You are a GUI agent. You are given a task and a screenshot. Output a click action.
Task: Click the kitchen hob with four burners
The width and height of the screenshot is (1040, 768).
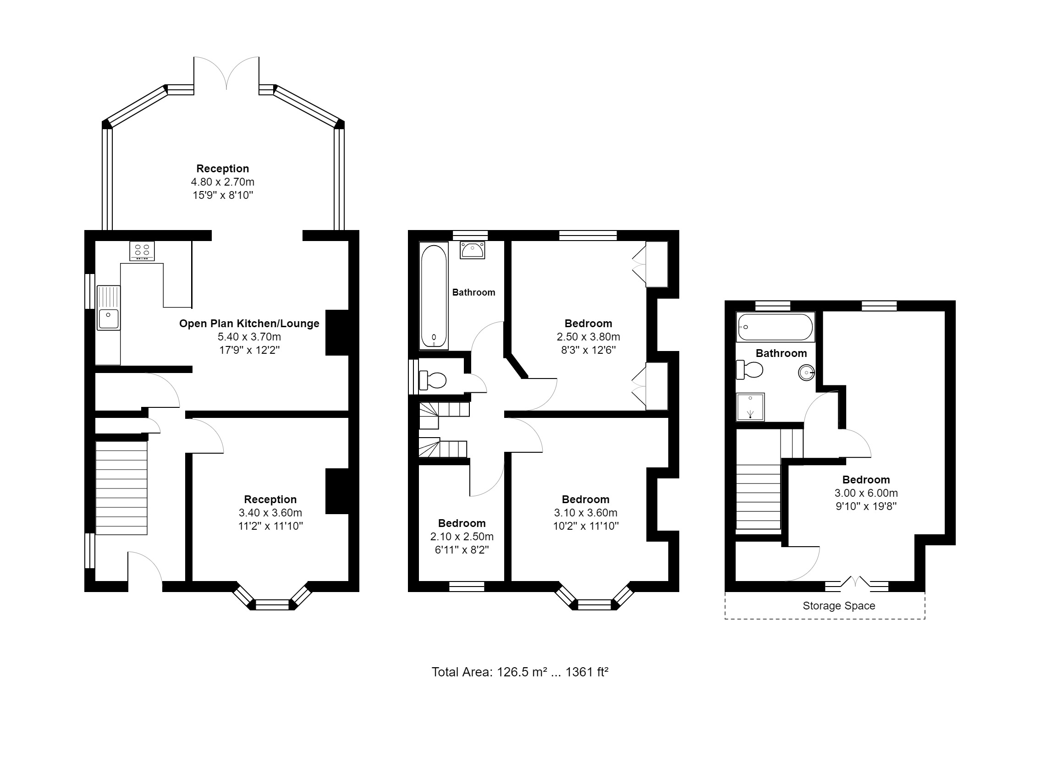(x=142, y=251)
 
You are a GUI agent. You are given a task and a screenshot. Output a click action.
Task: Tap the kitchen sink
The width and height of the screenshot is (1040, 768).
(x=108, y=308)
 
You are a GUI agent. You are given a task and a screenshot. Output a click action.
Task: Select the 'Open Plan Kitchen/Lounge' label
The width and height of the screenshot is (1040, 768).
(x=249, y=324)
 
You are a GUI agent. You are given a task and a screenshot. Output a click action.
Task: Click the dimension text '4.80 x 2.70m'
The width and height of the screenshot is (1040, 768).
(x=223, y=182)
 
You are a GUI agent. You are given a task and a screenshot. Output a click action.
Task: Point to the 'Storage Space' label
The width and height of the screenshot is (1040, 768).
(x=839, y=606)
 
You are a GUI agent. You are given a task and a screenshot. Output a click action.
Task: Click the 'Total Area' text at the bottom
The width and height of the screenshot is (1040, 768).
(x=520, y=672)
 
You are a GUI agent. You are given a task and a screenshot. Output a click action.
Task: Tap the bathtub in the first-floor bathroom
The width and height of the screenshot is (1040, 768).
(x=434, y=296)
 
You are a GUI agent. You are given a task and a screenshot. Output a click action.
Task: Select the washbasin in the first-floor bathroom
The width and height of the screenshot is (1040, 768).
(x=473, y=250)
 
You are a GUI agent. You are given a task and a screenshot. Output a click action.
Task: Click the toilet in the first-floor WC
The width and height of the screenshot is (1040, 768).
(x=432, y=380)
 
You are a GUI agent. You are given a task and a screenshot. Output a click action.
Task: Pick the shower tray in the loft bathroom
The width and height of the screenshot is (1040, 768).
(x=750, y=407)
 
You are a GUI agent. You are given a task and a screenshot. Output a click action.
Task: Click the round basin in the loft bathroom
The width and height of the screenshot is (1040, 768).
(x=807, y=373)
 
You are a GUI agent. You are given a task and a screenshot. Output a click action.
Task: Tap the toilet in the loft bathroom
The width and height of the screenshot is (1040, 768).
(x=749, y=370)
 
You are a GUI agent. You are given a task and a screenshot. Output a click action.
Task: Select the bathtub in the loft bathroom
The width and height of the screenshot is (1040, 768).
(x=776, y=327)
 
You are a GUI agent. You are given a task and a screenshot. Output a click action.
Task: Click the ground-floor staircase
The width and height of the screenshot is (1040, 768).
(x=121, y=488)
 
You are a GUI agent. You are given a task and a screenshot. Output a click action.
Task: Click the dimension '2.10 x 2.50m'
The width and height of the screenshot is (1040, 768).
(x=462, y=537)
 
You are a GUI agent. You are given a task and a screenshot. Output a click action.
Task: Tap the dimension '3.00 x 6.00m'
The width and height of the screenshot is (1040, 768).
(x=866, y=493)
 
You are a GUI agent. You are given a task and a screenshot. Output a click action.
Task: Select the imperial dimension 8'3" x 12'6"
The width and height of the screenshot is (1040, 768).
(x=588, y=350)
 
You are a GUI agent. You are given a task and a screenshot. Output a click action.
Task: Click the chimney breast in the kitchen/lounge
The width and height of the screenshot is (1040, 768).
(x=337, y=332)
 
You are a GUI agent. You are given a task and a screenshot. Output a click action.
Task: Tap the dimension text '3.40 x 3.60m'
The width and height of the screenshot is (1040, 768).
(x=270, y=513)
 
